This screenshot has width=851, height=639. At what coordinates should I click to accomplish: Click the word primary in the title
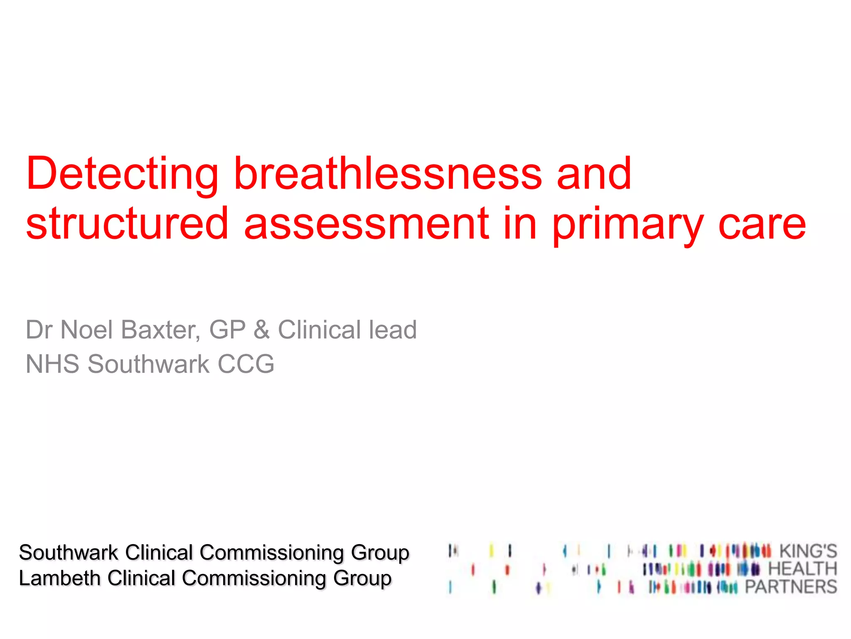[x=628, y=225]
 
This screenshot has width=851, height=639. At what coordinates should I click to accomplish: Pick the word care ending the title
[x=762, y=225]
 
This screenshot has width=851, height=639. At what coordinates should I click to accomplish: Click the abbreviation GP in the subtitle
[x=227, y=330]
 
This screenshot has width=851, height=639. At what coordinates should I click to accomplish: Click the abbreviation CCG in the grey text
[x=246, y=364]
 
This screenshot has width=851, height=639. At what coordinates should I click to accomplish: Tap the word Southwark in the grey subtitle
[x=148, y=364]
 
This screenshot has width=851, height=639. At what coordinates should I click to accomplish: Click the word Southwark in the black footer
[x=69, y=553]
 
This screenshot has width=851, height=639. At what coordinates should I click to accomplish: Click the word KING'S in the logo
[x=808, y=551]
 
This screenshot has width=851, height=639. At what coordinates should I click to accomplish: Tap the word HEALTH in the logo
[x=802, y=569]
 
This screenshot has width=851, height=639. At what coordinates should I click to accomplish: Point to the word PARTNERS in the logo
[x=791, y=587]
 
